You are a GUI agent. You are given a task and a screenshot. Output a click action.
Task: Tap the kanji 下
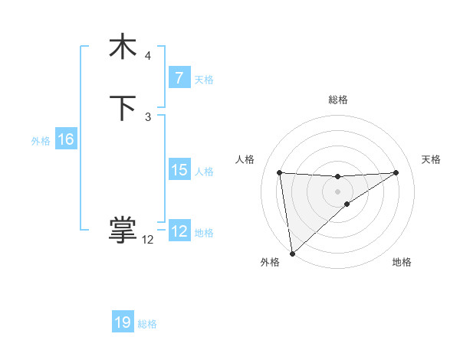click(123, 108)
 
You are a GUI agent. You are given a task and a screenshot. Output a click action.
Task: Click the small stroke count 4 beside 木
click(148, 56)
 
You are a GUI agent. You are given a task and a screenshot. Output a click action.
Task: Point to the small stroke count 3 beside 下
click(148, 116)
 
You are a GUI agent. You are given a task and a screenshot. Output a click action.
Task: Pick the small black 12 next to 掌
click(148, 239)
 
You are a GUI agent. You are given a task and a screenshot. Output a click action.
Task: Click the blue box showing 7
click(179, 77)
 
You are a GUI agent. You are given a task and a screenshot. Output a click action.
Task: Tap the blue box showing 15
click(179, 170)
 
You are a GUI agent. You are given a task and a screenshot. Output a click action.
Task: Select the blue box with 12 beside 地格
click(179, 231)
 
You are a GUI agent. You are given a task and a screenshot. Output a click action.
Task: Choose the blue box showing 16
click(65, 139)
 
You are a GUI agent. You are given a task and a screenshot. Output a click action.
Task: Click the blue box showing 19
click(123, 322)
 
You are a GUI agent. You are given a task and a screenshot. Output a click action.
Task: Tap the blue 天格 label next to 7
click(204, 79)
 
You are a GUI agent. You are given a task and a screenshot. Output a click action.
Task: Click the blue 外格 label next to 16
click(41, 141)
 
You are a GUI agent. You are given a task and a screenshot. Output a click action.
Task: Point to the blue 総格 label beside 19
click(147, 324)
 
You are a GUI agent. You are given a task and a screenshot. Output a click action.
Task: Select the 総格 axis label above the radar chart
click(338, 100)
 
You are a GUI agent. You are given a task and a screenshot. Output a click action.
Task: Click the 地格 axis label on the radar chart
click(402, 262)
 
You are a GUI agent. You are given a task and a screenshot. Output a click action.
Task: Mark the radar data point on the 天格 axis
click(396, 172)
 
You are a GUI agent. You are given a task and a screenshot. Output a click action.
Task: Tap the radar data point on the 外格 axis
click(292, 253)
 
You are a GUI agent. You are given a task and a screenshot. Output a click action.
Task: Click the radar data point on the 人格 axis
click(279, 172)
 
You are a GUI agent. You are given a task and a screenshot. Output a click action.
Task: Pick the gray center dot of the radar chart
click(337, 191)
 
